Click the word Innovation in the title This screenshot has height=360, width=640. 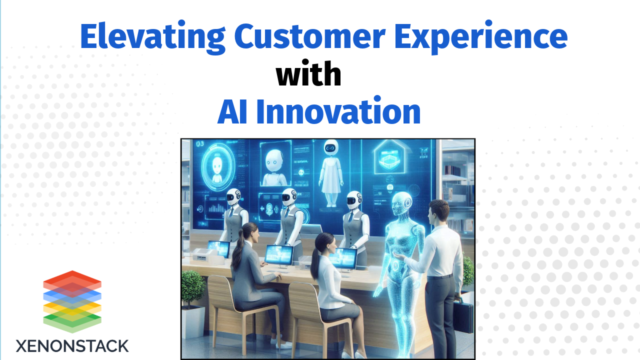(x=338, y=112)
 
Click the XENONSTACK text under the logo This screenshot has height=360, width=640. (x=72, y=345)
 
